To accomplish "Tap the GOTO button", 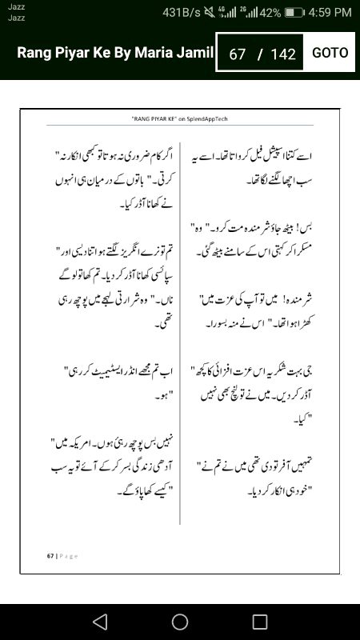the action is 330,53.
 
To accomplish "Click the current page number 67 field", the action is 237,54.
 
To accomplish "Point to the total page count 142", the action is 283,54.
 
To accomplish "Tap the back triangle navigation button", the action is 99,621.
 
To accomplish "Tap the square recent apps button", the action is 260,621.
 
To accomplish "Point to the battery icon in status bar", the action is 294,13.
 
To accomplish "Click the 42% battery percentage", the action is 270,13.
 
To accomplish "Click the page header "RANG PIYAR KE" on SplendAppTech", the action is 180,118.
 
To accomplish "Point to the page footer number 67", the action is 50,555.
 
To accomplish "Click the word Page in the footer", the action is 67,555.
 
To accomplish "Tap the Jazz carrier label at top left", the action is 16,7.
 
